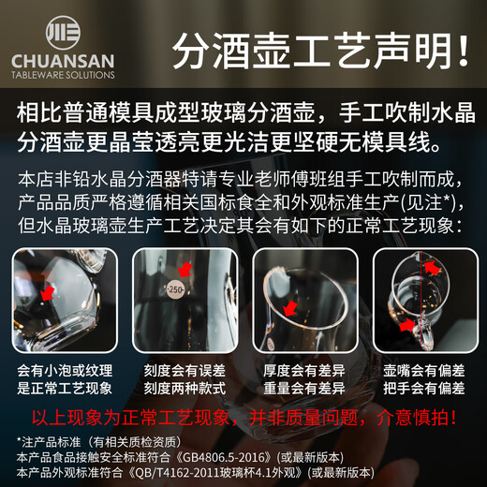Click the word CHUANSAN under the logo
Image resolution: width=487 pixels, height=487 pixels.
coord(62,60)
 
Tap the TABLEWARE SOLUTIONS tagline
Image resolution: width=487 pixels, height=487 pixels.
coord(62,75)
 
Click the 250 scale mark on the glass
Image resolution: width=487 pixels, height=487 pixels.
coord(175,290)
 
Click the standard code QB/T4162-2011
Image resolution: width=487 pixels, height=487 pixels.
coord(230,471)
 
